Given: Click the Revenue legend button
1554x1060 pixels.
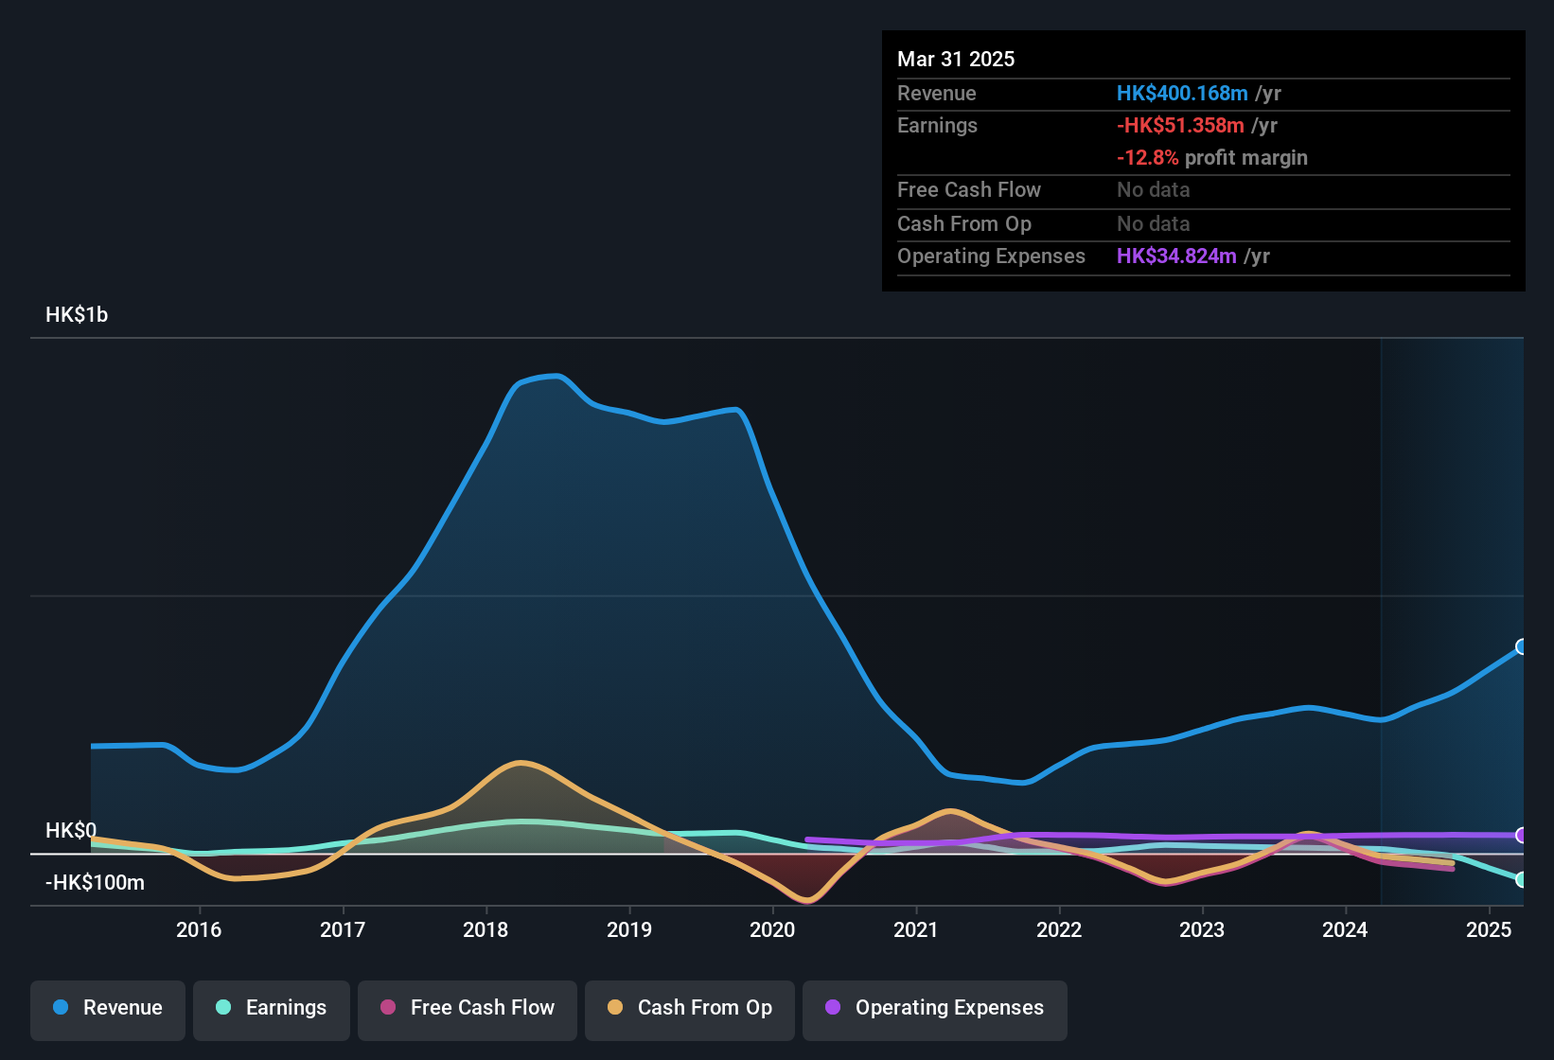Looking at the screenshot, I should [x=108, y=1008].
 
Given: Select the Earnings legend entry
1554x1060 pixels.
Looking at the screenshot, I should [x=272, y=1008].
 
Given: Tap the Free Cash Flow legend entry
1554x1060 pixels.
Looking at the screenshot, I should [x=468, y=1008].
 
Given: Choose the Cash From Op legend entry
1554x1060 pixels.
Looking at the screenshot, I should [x=690, y=1008].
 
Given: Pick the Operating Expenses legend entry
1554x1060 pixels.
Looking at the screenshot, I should [x=935, y=1008].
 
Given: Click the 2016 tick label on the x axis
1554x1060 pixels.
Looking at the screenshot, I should [x=199, y=930].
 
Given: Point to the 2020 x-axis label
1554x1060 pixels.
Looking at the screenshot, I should [x=772, y=930].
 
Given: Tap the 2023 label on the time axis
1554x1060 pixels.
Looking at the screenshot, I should [x=1202, y=930].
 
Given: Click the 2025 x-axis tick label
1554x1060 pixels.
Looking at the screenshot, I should [x=1489, y=930].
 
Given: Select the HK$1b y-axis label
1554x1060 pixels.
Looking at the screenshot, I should [x=77, y=315].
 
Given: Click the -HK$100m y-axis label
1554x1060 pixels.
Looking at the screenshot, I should [x=95, y=883].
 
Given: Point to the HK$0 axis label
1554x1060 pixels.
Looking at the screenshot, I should [x=71, y=831].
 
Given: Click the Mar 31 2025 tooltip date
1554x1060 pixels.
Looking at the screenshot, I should [x=956, y=60].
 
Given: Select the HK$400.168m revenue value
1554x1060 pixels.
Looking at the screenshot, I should [x=1182, y=94].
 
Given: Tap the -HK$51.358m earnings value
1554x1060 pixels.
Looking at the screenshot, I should [x=1180, y=126].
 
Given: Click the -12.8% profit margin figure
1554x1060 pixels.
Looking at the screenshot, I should [x=1147, y=158].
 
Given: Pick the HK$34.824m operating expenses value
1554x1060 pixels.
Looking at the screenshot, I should [x=1176, y=256].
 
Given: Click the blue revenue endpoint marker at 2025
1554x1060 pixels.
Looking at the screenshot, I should [x=1522, y=647].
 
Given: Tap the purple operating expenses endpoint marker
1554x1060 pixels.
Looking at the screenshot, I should [x=1522, y=836].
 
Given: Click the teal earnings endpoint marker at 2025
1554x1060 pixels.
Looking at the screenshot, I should [x=1522, y=880].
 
